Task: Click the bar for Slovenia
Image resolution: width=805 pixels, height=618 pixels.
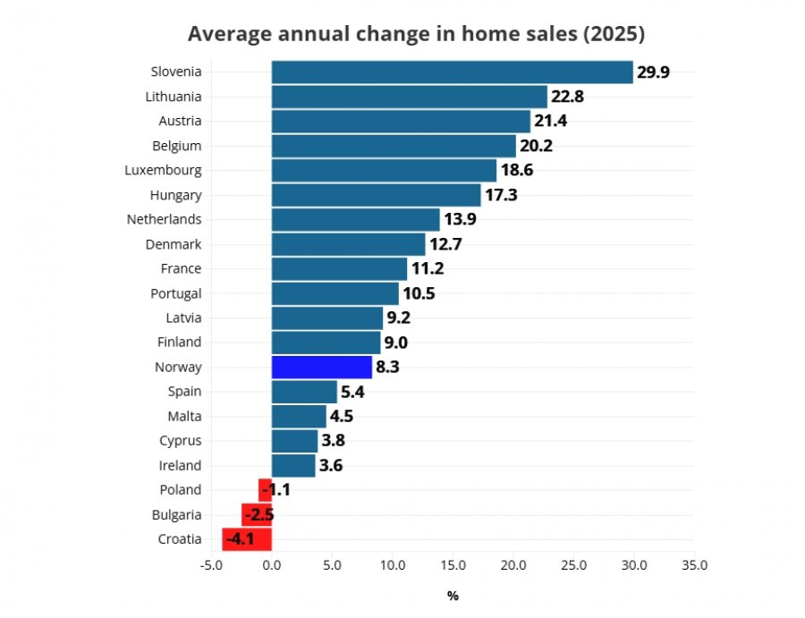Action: (x=453, y=72)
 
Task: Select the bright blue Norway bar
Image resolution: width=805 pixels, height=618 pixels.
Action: (x=322, y=367)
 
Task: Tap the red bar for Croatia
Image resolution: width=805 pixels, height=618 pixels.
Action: (x=247, y=539)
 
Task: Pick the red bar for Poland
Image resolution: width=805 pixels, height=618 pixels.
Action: (x=265, y=490)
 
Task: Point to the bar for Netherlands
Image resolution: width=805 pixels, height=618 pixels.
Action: (x=356, y=220)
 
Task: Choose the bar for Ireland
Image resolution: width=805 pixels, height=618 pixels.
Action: (x=293, y=466)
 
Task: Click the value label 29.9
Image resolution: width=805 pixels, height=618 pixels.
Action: (x=653, y=72)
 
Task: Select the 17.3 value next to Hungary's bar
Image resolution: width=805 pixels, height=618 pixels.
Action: (x=501, y=195)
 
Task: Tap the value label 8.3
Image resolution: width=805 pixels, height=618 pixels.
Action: (x=387, y=367)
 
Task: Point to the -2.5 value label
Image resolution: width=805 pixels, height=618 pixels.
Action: (x=259, y=515)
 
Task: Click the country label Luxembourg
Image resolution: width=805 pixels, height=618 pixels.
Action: (x=164, y=171)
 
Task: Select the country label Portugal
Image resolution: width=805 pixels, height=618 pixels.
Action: (x=176, y=293)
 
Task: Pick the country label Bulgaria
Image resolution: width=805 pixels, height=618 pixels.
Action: (x=176, y=515)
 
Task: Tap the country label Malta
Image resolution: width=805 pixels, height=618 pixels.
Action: (x=185, y=416)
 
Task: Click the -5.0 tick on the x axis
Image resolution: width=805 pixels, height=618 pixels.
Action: (x=211, y=565)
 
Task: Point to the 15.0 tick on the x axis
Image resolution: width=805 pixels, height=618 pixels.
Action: (x=453, y=565)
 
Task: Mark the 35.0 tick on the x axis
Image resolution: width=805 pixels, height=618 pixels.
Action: (x=695, y=565)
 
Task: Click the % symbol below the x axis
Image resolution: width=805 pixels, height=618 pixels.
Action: (x=453, y=596)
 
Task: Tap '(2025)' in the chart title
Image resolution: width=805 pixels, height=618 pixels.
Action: (x=614, y=34)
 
